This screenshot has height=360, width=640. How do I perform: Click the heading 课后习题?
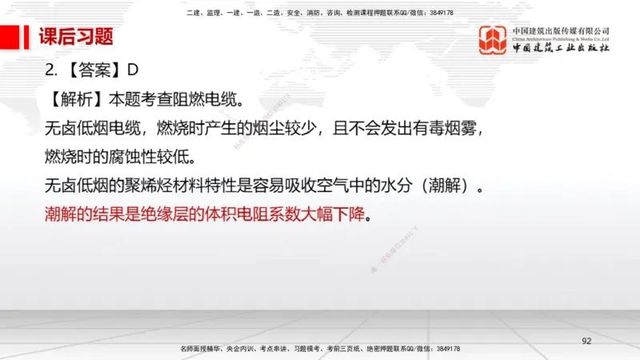pos(76,37)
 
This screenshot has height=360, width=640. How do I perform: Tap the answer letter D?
pos(134,70)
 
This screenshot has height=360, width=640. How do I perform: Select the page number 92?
pos(586,342)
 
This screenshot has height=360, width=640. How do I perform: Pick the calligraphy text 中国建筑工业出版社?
pos(561,48)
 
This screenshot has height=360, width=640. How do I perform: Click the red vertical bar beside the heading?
pos(30,37)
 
